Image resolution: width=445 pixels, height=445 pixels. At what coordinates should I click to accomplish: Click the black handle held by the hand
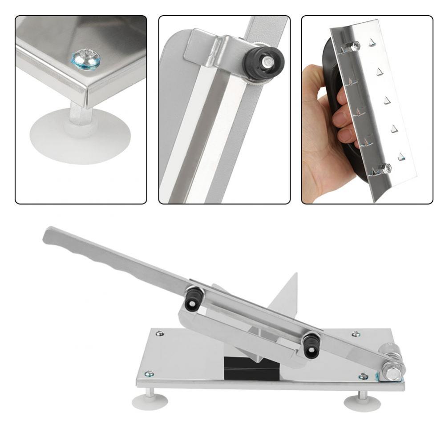(x=352, y=133)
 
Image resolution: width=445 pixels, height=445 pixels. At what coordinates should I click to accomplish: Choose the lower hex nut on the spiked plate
(x=385, y=168)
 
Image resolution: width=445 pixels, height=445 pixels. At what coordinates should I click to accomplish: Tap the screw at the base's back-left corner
(x=159, y=332)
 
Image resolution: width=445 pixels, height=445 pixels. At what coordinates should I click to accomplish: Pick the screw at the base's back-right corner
(x=355, y=334)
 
